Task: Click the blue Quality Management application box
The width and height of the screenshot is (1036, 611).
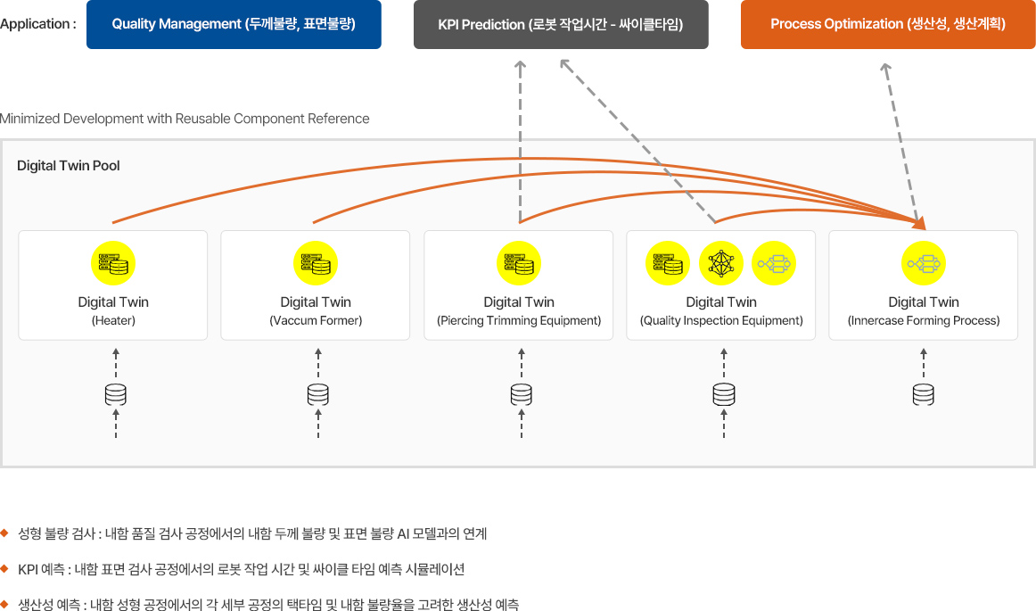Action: [234, 24]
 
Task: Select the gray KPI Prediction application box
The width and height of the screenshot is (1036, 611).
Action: [561, 24]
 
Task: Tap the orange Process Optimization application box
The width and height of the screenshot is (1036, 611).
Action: [888, 24]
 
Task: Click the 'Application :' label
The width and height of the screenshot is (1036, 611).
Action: [37, 24]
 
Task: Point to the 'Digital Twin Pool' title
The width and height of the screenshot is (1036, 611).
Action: [69, 166]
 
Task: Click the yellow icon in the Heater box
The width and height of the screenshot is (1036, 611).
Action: [113, 264]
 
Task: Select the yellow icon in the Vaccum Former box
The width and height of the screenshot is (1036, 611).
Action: [316, 264]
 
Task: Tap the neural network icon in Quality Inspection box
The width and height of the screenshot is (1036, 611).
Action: [720, 264]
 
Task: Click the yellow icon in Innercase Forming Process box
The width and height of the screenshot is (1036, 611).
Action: [924, 264]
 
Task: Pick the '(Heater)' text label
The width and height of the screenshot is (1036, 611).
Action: [113, 320]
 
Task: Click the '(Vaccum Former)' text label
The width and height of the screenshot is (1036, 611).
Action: [316, 320]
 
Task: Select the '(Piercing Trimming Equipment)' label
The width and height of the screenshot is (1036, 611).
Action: [519, 320]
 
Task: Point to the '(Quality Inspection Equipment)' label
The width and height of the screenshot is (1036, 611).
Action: [721, 320]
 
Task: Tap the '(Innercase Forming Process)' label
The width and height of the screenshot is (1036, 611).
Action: [924, 320]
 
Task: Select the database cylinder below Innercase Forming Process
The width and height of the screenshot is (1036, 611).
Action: [923, 393]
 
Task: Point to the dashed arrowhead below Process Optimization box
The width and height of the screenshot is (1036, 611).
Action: [885, 69]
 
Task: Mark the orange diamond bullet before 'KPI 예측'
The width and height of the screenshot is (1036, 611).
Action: [5, 568]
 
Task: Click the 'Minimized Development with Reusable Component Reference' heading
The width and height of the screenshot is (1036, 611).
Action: [185, 119]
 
